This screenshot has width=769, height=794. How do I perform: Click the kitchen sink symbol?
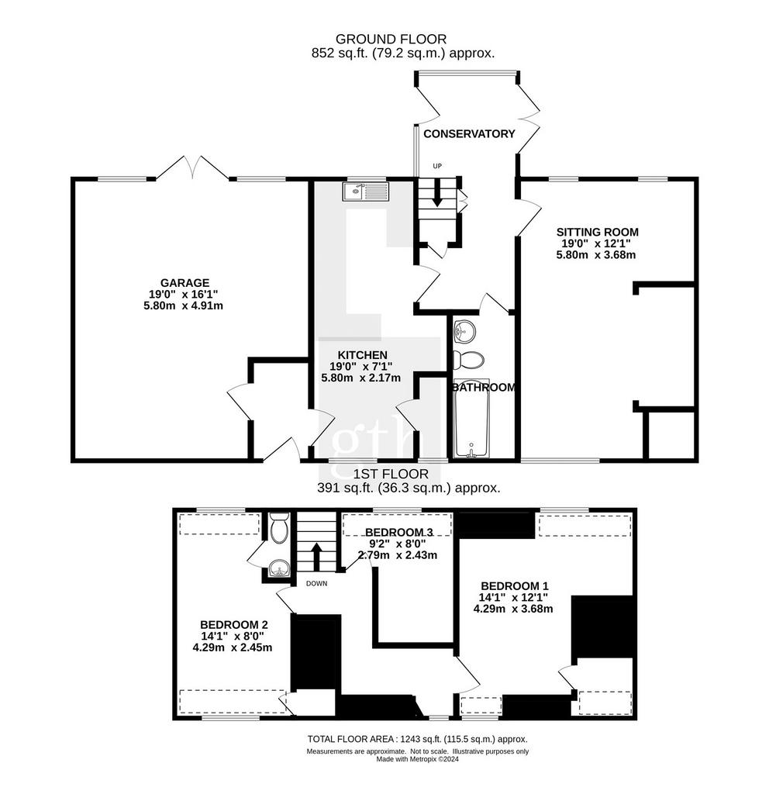[x=366, y=192]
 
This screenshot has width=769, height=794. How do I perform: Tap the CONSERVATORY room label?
[x=469, y=133]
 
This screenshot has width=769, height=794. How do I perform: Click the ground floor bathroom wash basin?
[x=464, y=331]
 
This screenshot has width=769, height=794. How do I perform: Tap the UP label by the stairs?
[x=437, y=166]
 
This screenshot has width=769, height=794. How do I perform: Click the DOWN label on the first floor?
[x=317, y=583]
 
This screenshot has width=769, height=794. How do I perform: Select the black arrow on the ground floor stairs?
[x=437, y=195]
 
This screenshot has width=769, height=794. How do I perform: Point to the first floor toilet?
[x=279, y=527]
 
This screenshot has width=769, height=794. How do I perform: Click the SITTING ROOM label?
[x=598, y=233]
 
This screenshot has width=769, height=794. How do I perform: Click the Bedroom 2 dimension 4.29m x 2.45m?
[x=233, y=647]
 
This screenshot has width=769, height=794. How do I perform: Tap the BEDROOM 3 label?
[x=399, y=532]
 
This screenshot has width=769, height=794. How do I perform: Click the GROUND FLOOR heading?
[x=391, y=39]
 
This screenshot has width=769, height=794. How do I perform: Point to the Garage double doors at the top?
[x=192, y=167]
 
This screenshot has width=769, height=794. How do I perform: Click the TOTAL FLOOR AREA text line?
[x=418, y=739]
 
